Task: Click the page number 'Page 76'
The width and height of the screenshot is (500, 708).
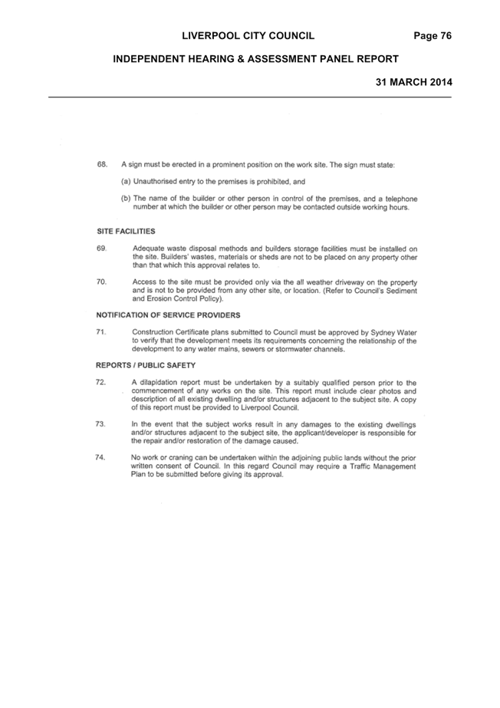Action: point(433,36)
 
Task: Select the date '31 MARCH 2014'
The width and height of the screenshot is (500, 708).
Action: point(414,82)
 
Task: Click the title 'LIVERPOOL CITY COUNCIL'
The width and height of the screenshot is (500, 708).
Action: point(248,36)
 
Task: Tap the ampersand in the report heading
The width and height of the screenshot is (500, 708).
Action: point(238,59)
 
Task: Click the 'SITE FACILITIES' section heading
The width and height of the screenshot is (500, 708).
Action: point(126,231)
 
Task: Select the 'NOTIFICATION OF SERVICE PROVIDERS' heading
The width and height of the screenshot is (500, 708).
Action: point(168,315)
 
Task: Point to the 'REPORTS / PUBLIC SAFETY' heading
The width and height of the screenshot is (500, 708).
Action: point(146,365)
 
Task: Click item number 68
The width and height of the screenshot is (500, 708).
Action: point(102,164)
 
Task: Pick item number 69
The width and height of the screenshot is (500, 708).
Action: point(101,249)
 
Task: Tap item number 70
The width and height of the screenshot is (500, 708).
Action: point(101,282)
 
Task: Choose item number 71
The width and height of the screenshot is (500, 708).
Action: point(101,332)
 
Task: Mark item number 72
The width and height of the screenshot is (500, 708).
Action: point(100,383)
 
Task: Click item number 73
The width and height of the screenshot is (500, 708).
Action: point(100,424)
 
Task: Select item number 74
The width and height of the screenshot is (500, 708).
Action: point(100,457)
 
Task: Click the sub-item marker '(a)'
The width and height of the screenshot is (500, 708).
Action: point(126,182)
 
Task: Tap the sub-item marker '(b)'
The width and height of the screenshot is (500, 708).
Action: point(126,199)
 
